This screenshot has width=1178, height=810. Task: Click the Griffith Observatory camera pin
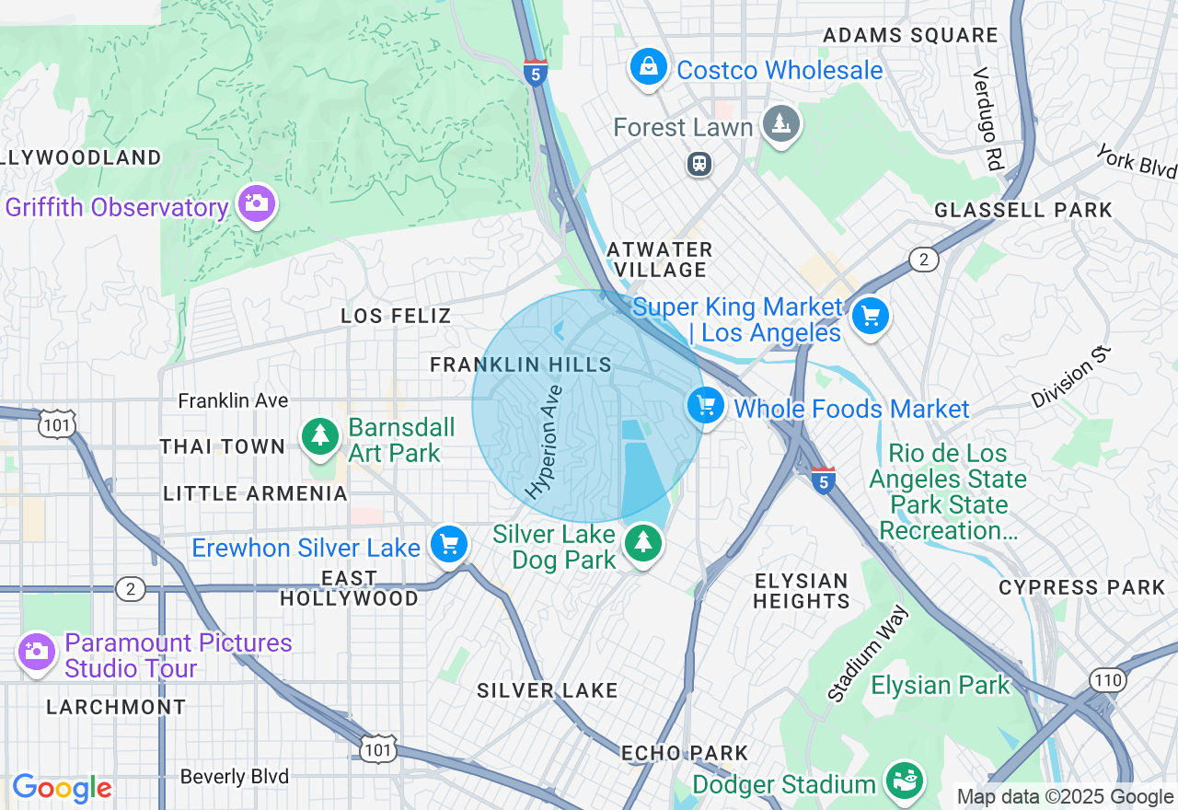tap(256, 204)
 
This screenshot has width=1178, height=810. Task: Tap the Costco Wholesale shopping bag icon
tap(649, 67)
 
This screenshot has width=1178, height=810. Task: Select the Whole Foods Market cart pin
tap(706, 406)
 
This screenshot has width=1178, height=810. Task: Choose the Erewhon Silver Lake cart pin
tap(449, 545)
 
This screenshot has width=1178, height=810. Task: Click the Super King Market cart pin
tap(870, 317)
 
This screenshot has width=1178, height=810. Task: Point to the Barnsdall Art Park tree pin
tap(320, 436)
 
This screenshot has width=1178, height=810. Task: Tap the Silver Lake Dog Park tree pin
tap(643, 544)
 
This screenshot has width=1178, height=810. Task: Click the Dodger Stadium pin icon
tap(904, 781)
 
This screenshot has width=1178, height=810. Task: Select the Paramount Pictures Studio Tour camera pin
tap(37, 653)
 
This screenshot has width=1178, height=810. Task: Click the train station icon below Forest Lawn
tap(699, 164)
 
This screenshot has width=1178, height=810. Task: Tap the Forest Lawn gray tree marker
tap(781, 124)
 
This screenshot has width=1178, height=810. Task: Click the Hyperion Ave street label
tap(543, 441)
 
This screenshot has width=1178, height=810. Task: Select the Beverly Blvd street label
tap(234, 777)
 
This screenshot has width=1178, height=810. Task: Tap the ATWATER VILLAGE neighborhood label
tap(660, 260)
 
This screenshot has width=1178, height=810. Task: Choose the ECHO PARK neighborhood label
tap(685, 753)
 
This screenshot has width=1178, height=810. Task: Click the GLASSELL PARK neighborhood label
tap(1023, 210)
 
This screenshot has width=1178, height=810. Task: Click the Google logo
tap(62, 789)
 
